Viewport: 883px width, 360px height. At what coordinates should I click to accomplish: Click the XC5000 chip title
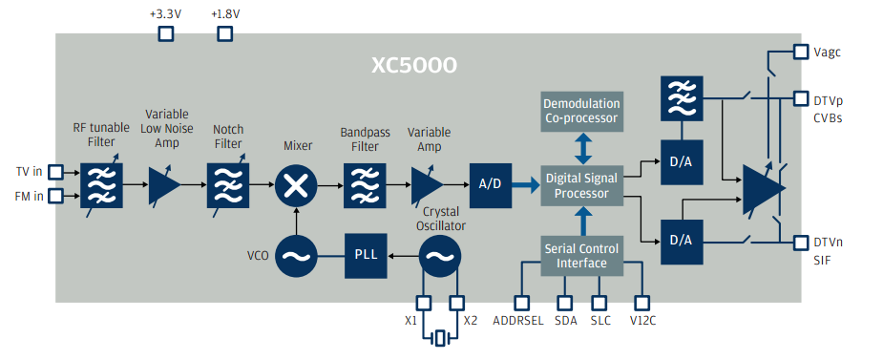click(414, 66)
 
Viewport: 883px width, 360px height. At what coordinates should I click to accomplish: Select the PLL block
click(366, 256)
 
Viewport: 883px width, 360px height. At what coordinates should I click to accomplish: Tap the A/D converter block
click(491, 186)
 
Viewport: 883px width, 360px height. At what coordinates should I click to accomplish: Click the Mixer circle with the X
click(296, 185)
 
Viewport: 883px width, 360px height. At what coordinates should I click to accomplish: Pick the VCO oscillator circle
click(296, 256)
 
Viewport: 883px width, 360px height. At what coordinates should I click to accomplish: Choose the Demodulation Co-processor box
click(582, 112)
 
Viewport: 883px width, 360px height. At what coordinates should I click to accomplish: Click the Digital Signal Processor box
click(582, 186)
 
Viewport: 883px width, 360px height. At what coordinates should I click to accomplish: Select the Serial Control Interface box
click(582, 256)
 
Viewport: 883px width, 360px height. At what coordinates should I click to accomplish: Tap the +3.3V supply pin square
click(165, 34)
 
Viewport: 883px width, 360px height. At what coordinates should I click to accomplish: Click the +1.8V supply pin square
click(225, 34)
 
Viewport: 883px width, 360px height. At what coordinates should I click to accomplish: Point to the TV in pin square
click(55, 171)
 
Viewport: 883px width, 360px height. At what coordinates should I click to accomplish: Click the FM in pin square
click(55, 196)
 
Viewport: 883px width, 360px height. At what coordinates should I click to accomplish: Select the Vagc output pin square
click(801, 53)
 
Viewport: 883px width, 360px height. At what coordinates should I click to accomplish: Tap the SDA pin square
click(564, 303)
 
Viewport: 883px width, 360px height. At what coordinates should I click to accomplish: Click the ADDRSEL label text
click(518, 322)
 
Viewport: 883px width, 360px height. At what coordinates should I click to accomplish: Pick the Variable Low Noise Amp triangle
click(164, 185)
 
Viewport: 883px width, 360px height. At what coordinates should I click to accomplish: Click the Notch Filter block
click(227, 185)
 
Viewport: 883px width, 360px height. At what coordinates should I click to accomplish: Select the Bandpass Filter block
click(365, 185)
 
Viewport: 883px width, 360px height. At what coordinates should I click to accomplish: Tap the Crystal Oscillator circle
click(439, 256)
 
